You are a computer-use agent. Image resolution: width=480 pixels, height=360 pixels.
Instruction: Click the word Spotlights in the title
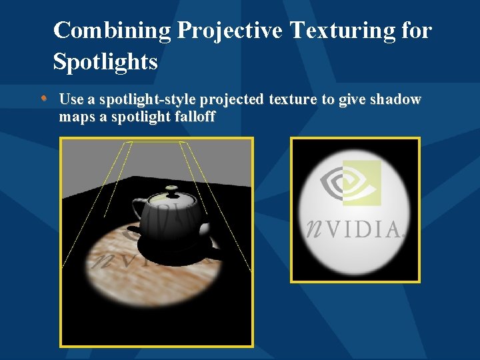coord(105,62)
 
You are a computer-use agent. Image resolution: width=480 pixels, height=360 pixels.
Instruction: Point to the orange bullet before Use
coord(43,99)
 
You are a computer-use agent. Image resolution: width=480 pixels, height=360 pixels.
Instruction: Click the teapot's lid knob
coord(171,190)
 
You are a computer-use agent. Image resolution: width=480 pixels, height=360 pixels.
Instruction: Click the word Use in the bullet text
coord(71,100)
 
